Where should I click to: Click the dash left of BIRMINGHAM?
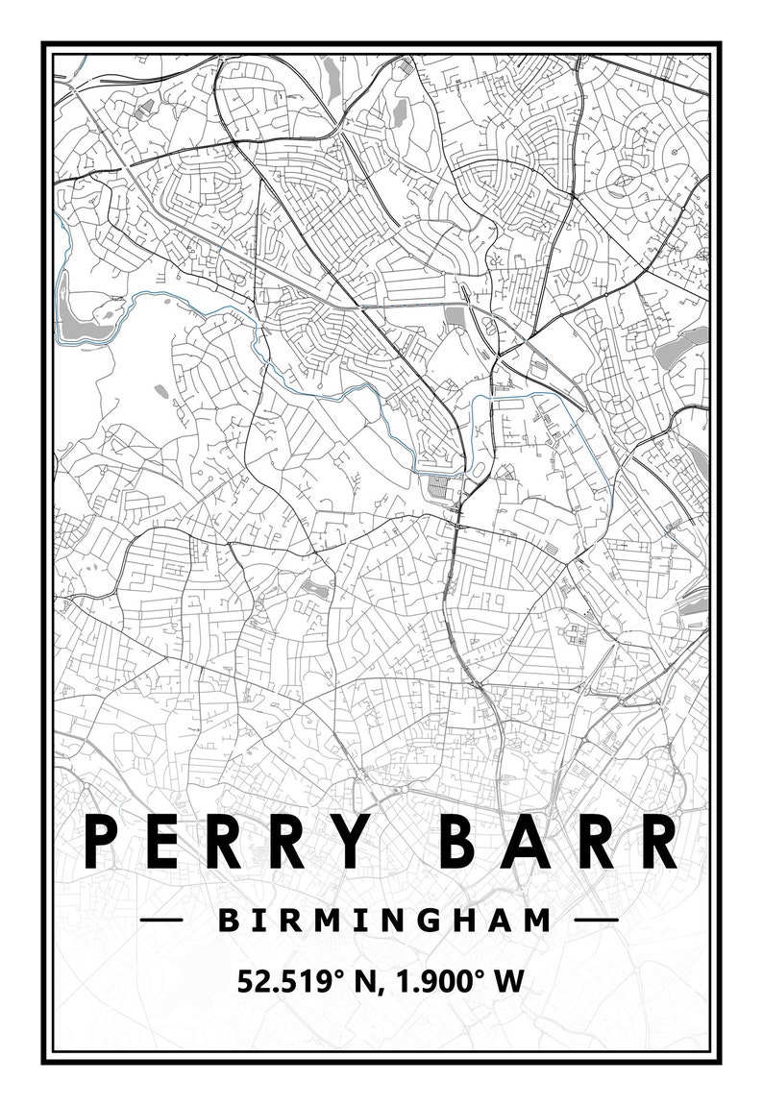(161, 921)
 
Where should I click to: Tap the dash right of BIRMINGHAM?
(596, 921)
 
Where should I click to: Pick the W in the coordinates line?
(508, 981)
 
